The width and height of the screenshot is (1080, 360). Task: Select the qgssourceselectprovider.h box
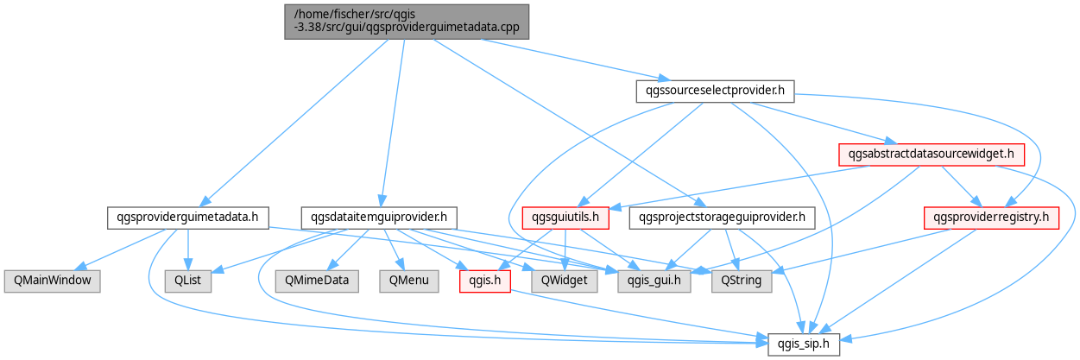pos(715,92)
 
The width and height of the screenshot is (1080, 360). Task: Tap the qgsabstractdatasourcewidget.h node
pos(932,155)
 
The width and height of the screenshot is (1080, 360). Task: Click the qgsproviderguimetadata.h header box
pos(188,218)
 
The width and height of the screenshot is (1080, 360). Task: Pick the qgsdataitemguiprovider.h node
pos(379,218)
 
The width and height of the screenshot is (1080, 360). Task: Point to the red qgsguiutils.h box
pos(565,218)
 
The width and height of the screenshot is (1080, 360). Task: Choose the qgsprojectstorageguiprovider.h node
pos(722,218)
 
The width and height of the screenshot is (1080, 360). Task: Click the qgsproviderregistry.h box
pos(991,218)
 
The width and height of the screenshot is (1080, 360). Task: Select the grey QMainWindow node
pos(53,281)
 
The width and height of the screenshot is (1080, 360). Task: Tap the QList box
pos(188,281)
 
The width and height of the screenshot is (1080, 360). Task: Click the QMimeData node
pos(317,281)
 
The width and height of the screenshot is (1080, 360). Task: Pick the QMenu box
pos(409,281)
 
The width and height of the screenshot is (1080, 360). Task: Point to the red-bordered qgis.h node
pos(485,281)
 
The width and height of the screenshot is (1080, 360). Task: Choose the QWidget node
pos(564,281)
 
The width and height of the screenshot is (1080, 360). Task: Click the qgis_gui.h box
pos(654,281)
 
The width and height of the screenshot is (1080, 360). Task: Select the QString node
pos(742,281)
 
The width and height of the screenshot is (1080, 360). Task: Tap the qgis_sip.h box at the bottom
pos(804,344)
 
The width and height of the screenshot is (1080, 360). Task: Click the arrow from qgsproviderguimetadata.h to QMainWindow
pos(121,249)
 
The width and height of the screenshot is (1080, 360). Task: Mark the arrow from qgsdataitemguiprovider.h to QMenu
pos(394,249)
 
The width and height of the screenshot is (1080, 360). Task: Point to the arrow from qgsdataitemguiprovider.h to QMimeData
pos(348,249)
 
